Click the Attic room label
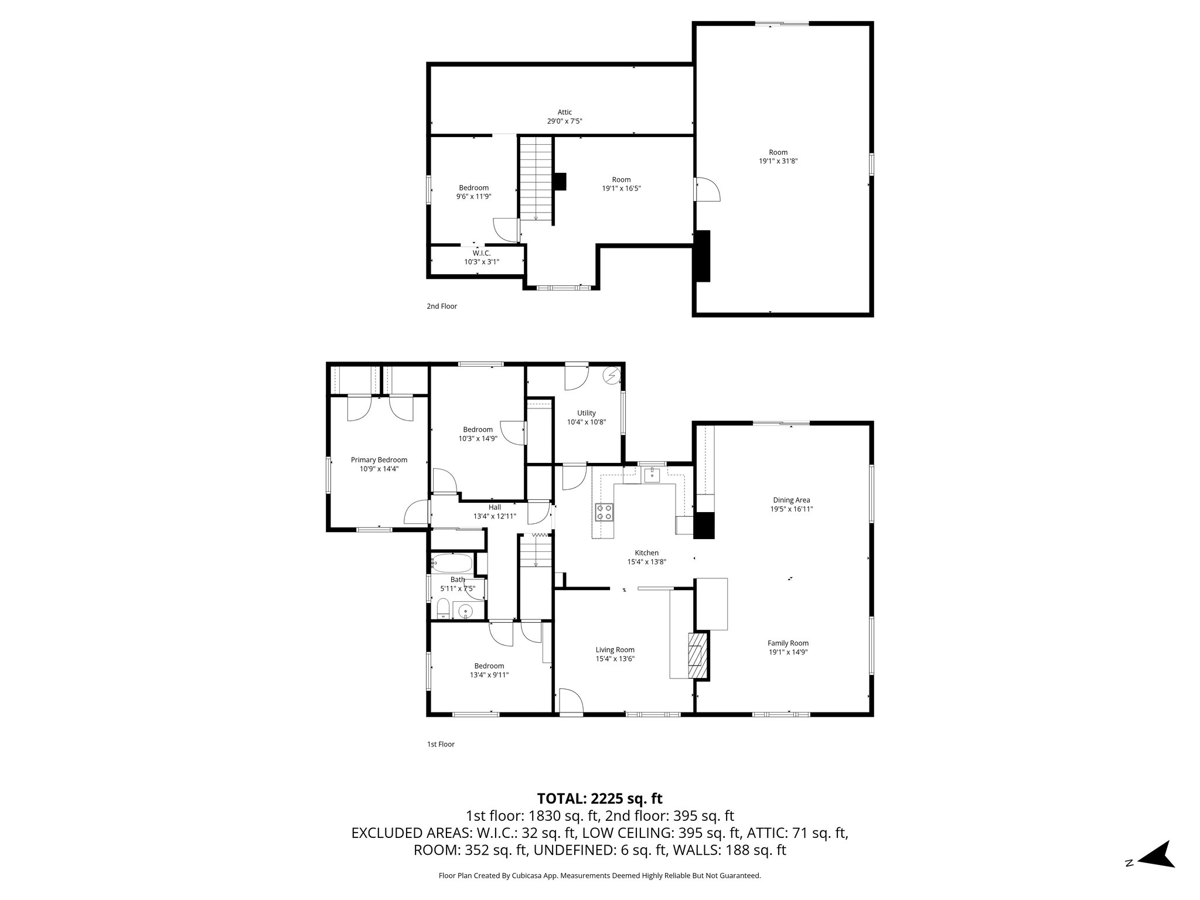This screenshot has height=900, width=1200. tap(564, 112)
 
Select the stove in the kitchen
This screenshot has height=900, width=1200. tap(604, 512)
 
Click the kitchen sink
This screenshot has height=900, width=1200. tap(652, 475)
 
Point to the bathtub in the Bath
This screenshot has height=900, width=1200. tap(451, 564)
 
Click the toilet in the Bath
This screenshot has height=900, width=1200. tap(444, 609)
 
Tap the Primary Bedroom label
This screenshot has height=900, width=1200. tap(379, 460)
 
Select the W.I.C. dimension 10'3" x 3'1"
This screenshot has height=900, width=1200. tap(482, 262)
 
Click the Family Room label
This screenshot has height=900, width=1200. tap(788, 643)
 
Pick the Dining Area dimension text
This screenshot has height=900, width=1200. tap(791, 509)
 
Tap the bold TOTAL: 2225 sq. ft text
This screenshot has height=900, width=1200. tap(599, 798)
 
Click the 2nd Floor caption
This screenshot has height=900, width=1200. tap(442, 306)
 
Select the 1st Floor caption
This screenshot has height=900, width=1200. tap(441, 744)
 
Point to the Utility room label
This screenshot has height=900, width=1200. tap(586, 413)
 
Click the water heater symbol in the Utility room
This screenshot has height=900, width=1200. tap(612, 374)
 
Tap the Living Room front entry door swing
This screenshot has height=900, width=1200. tap(570, 701)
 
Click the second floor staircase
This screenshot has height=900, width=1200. tap(536, 179)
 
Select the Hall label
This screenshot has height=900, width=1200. tap(495, 507)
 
